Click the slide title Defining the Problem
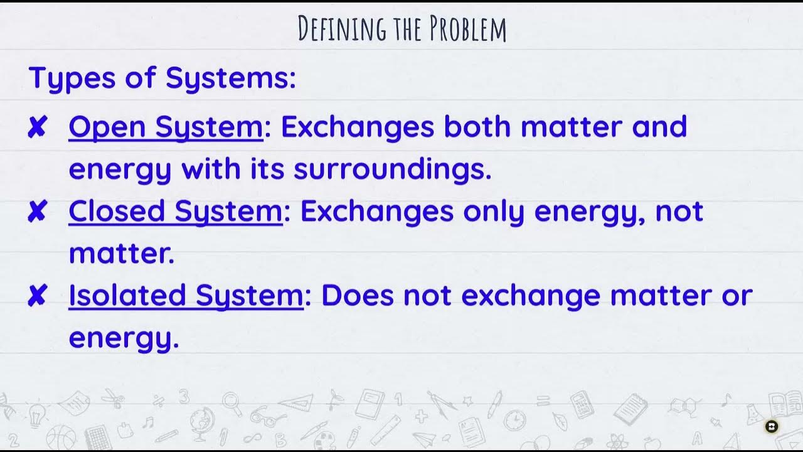point(401,29)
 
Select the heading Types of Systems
point(162,78)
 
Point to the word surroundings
point(392,169)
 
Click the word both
point(478,127)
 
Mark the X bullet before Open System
point(38,128)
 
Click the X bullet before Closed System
point(38,213)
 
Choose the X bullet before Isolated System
point(38,296)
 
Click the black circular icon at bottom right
point(772,427)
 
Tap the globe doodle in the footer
point(203,419)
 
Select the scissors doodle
point(113,398)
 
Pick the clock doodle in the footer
point(514,419)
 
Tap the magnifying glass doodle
point(231,402)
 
